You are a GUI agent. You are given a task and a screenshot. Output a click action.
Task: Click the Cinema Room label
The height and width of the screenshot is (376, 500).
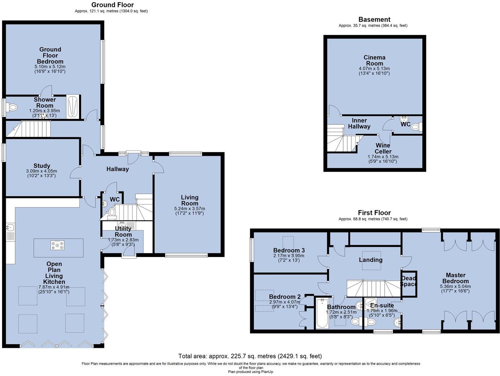(x=374, y=60)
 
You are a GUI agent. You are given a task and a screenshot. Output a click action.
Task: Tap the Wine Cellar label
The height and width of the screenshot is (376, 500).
(x=383, y=148)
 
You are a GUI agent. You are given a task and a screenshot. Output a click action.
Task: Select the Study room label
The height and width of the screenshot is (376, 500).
(x=42, y=166)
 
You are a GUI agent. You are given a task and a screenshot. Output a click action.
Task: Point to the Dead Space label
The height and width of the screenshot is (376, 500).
(x=409, y=281)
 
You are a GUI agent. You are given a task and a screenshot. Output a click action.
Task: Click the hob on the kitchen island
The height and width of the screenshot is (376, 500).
(x=57, y=245)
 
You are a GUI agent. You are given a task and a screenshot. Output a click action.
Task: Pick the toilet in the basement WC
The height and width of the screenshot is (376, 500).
(x=417, y=127)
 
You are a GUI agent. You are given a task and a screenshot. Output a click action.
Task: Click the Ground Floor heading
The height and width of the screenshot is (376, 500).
(x=112, y=5)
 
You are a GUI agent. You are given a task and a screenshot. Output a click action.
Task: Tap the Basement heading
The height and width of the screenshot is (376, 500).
(x=374, y=20)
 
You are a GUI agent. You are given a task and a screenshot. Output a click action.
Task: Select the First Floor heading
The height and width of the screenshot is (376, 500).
(x=374, y=213)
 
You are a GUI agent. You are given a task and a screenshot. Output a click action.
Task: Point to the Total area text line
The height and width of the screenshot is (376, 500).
(x=250, y=356)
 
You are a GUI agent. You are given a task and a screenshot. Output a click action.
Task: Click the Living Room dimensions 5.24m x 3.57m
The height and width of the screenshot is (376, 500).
(x=190, y=209)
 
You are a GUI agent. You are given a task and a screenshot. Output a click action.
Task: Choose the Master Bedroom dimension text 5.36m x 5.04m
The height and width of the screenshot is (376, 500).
(x=455, y=286)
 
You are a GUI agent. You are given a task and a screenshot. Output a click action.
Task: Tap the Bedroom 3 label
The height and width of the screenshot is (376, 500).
(x=289, y=251)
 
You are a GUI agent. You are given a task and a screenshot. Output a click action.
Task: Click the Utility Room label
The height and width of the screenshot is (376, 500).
(x=123, y=231)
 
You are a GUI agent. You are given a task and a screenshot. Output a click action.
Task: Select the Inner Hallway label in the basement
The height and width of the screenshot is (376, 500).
(x=359, y=123)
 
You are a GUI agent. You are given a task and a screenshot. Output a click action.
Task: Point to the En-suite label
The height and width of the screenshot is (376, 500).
(x=382, y=305)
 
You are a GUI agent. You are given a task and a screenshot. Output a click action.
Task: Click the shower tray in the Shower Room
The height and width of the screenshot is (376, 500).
(x=73, y=107)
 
